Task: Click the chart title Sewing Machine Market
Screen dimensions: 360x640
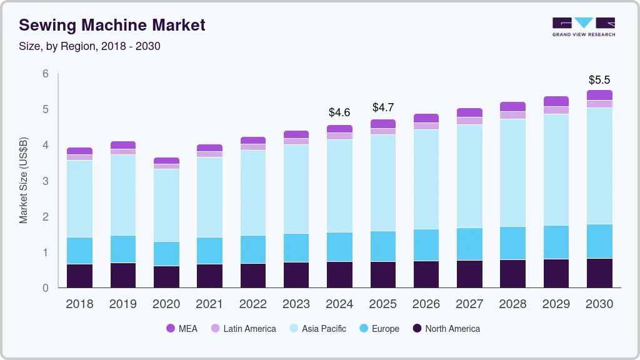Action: pyautogui.click(x=112, y=25)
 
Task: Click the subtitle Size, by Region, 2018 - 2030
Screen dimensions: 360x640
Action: pyautogui.click(x=89, y=46)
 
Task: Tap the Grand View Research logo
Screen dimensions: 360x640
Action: pyautogui.click(x=583, y=27)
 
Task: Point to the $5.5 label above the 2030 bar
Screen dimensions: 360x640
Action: pyautogui.click(x=599, y=80)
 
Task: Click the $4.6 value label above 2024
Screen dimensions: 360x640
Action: pyautogui.click(x=339, y=112)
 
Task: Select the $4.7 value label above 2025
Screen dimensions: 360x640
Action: pyautogui.click(x=382, y=107)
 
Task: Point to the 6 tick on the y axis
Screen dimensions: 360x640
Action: pyautogui.click(x=45, y=74)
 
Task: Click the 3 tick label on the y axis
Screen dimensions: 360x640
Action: pyautogui.click(x=45, y=181)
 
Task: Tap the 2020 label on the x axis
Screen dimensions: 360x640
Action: pyautogui.click(x=166, y=304)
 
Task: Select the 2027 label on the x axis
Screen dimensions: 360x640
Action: pyautogui.click(x=469, y=304)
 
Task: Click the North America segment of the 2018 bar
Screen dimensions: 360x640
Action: pyautogui.click(x=80, y=276)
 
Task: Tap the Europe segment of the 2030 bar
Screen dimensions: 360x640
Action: pyautogui.click(x=599, y=241)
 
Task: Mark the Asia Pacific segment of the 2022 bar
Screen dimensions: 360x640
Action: pyautogui.click(x=253, y=192)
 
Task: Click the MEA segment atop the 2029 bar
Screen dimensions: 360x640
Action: pyautogui.click(x=556, y=101)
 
